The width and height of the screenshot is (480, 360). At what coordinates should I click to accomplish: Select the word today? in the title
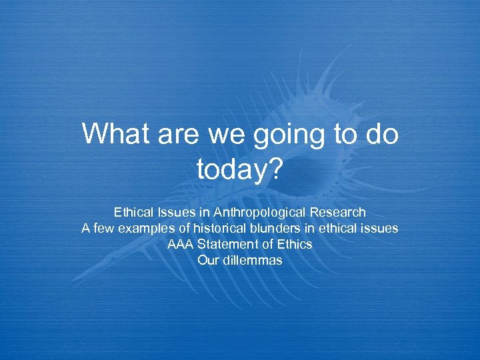coord(240,170)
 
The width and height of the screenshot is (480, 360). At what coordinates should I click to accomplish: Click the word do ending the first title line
coord(382,135)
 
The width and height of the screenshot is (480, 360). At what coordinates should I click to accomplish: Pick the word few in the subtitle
coord(103,229)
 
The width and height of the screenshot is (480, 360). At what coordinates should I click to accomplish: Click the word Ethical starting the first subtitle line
coord(134,213)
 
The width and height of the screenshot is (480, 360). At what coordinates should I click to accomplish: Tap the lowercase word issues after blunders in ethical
coord(380,229)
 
